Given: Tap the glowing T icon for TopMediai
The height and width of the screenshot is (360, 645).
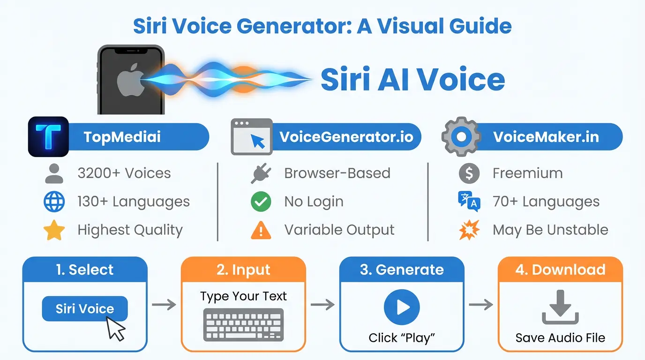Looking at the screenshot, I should point(48,136).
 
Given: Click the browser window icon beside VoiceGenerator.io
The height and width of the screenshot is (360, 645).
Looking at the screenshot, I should point(252,137).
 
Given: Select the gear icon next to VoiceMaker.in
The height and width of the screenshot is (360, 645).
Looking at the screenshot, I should point(462,136).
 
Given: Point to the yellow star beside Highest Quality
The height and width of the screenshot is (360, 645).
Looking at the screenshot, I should point(54,230).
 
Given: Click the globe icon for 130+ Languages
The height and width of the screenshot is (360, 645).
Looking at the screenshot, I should point(54,202).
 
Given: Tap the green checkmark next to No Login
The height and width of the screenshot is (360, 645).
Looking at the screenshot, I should point(261,202).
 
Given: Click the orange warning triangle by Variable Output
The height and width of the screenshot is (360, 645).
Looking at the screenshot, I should point(261,230).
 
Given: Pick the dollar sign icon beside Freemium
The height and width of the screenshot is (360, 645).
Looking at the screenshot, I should point(469,173).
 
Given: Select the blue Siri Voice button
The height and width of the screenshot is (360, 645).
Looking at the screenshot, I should point(85,308).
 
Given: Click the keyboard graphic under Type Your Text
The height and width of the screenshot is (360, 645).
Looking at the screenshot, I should point(243,324).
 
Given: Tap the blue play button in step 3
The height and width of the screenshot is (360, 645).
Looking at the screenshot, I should point(402,307).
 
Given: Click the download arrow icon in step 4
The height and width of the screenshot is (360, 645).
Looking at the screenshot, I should point(560,307).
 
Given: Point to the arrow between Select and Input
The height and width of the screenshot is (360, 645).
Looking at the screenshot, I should point(164,305).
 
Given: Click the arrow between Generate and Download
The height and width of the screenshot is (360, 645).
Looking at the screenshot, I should point(481,305).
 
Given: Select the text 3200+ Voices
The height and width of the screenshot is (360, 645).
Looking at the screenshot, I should point(124,173).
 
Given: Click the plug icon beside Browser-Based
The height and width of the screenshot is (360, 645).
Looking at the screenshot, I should point(261,173).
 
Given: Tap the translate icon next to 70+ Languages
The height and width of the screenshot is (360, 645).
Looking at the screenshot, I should point(469,202).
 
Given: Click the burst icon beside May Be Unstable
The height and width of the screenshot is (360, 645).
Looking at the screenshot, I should point(469,230).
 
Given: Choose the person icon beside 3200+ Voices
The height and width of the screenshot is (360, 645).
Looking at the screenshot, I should point(54,174).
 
